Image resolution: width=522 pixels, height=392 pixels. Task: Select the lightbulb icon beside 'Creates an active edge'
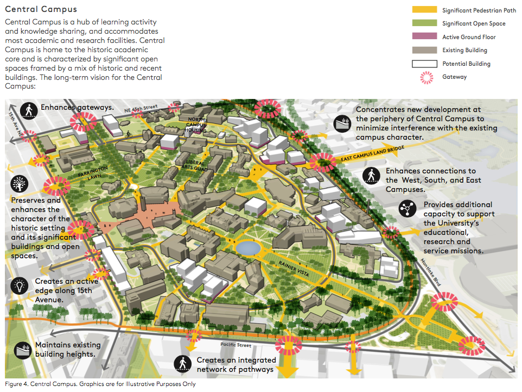click(21, 285)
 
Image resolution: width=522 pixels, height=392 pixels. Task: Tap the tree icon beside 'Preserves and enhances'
click(21, 184)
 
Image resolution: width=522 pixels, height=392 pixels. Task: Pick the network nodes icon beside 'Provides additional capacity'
click(407, 208)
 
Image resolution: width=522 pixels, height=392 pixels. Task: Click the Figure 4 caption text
click(100, 384)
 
